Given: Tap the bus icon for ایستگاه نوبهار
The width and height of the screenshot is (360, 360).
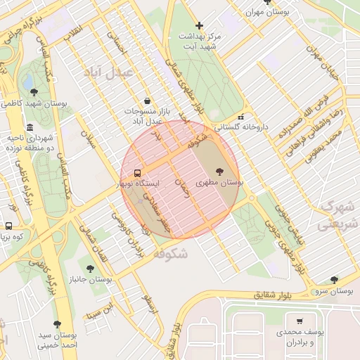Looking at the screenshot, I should point(137,172).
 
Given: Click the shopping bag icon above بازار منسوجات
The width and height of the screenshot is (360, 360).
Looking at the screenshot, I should point(146,101).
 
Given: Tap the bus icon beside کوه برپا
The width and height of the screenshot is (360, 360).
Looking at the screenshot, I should point(8,226).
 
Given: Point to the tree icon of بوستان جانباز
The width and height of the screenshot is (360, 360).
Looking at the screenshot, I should point(89,268).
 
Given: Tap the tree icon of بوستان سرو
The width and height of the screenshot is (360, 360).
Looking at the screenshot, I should point(334,279).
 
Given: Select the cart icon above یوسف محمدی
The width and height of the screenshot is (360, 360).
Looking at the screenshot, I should point(300,320).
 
